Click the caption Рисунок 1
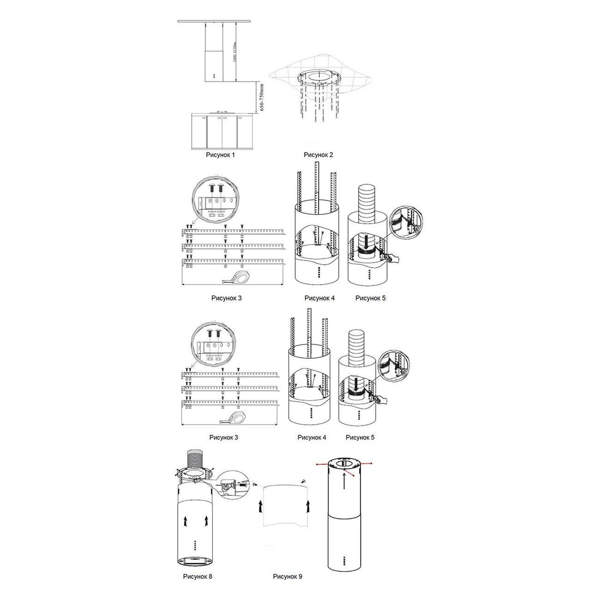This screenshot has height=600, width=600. tap(220, 155)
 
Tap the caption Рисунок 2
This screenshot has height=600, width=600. tap(318, 155)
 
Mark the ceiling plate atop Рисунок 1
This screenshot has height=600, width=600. tap(214, 21)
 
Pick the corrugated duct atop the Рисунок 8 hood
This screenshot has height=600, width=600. tap(194, 461)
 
